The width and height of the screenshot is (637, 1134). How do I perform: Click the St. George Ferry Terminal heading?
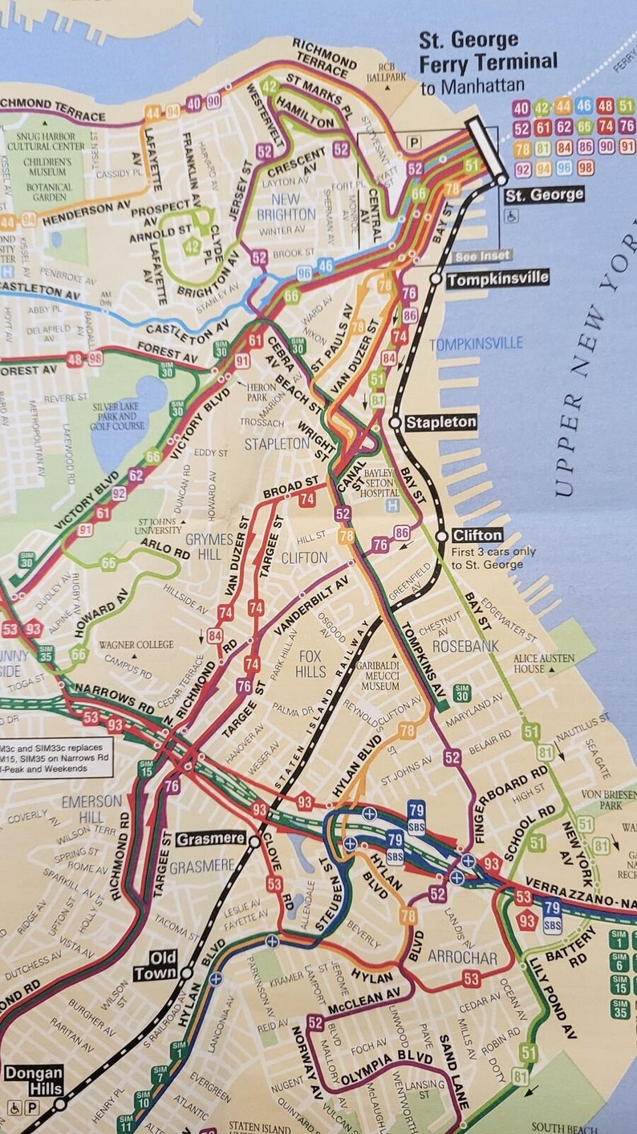488,51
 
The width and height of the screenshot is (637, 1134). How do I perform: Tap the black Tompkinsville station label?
497,279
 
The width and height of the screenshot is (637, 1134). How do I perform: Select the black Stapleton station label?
440,422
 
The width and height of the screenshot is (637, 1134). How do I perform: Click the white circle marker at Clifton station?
441,536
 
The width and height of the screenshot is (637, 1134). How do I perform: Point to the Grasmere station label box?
210,838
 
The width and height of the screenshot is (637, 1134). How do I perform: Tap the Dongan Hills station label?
33,1080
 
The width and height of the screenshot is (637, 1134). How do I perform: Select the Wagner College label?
136,644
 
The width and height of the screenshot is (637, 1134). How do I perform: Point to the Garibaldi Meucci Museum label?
380,676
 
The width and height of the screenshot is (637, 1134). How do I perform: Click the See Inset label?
483,256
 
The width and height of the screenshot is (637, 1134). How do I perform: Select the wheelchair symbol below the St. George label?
511,214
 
